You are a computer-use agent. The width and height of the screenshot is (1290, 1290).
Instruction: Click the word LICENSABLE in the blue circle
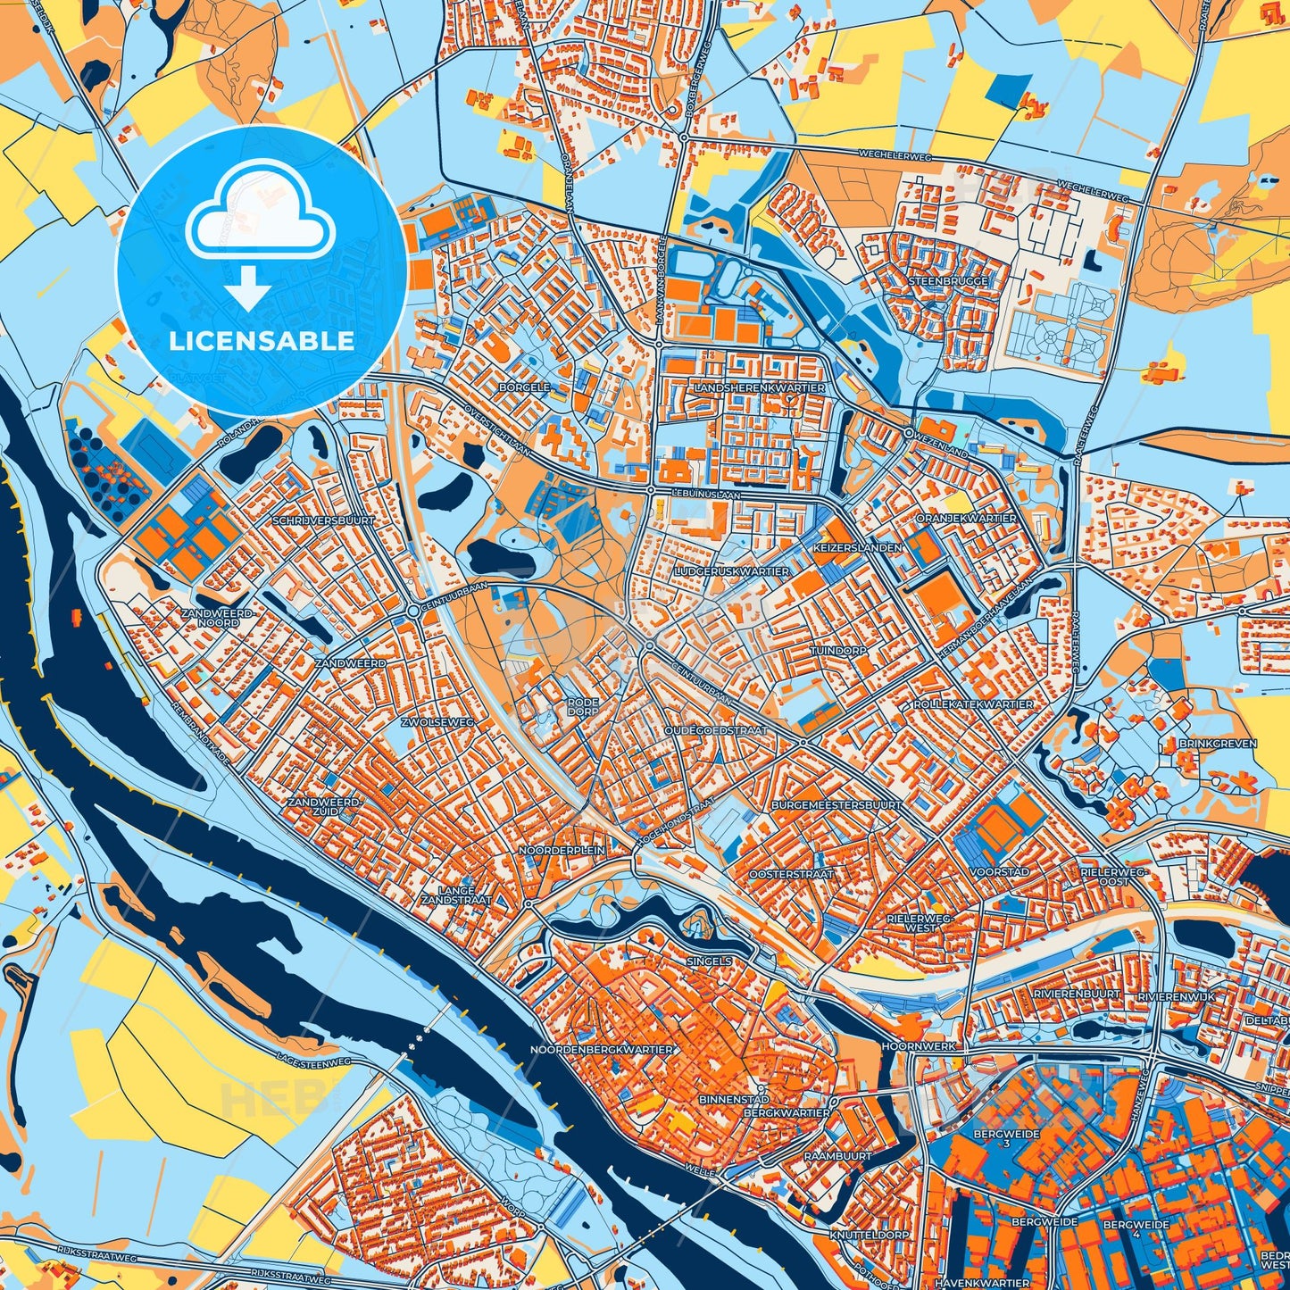262,341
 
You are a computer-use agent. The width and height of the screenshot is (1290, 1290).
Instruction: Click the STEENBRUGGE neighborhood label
948,281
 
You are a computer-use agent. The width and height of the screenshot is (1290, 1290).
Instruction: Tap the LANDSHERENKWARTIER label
760,388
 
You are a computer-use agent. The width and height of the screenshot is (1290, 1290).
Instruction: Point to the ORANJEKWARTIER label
966,519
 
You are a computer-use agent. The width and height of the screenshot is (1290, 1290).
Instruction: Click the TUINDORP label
838,652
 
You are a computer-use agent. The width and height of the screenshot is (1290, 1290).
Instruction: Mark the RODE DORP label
583,707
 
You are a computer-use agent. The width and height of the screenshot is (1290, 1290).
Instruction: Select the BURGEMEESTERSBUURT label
836,805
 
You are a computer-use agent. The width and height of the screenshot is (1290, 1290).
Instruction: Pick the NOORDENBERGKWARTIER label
601,1050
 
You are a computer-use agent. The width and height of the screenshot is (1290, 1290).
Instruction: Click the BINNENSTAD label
734,1100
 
